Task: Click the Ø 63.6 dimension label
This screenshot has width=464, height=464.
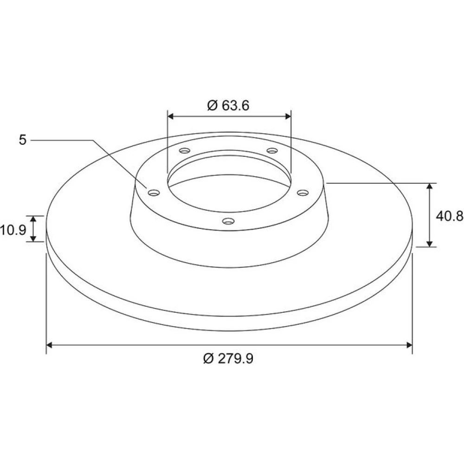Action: pyautogui.click(x=228, y=105)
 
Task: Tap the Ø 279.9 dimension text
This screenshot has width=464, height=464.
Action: pyautogui.click(x=228, y=359)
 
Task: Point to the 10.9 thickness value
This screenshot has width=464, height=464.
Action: pyautogui.click(x=13, y=230)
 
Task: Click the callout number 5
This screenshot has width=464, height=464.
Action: pyautogui.click(x=23, y=140)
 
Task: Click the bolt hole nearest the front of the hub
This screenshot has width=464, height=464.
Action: pyautogui.click(x=228, y=221)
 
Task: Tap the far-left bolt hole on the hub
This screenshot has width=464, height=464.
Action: pyautogui.click(x=154, y=193)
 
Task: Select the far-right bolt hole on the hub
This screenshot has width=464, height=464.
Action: pyautogui.click(x=303, y=193)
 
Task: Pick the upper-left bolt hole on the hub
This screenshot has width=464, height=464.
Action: pyautogui.click(x=184, y=151)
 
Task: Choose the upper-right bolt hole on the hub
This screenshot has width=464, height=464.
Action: pyautogui.click(x=272, y=151)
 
